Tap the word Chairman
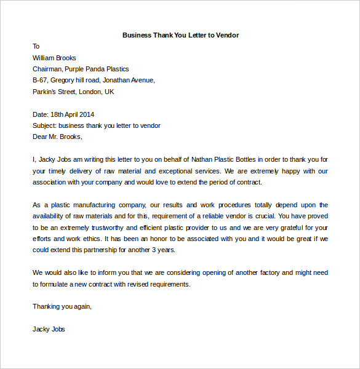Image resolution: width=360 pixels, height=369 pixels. pyautogui.click(x=49, y=69)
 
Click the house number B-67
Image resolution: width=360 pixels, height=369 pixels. pyautogui.click(x=40, y=80)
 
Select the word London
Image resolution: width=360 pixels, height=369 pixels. pyautogui.click(x=92, y=92)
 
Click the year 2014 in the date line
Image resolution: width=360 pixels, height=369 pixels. pyautogui.click(x=87, y=114)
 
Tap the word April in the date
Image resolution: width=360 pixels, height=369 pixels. pyautogui.click(x=68, y=114)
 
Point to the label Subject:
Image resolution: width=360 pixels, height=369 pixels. pyautogui.click(x=44, y=125)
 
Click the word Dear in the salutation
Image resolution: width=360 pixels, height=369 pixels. pyautogui.click(x=40, y=137)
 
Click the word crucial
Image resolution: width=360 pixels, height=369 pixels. pyautogui.click(x=262, y=216)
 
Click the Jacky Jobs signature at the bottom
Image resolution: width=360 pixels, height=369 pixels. pyautogui.click(x=49, y=329)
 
